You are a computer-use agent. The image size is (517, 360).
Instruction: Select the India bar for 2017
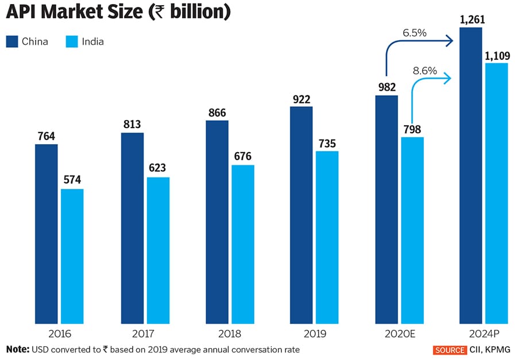158,250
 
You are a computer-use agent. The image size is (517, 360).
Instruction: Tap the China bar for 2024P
470,176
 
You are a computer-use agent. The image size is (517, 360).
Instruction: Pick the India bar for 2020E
412,230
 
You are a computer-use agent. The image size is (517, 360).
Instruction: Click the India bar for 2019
327,237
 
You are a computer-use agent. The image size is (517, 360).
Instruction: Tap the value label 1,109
496,55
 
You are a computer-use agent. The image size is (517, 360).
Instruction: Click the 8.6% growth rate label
425,71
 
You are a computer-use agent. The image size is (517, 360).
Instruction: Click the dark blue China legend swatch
12,41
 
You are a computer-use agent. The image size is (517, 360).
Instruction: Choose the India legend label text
93,41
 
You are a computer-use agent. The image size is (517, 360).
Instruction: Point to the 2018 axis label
230,334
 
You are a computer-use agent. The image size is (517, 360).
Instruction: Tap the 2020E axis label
400,334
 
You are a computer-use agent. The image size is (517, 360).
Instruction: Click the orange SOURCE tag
450,350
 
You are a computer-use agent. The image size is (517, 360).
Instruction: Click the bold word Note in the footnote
18,349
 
